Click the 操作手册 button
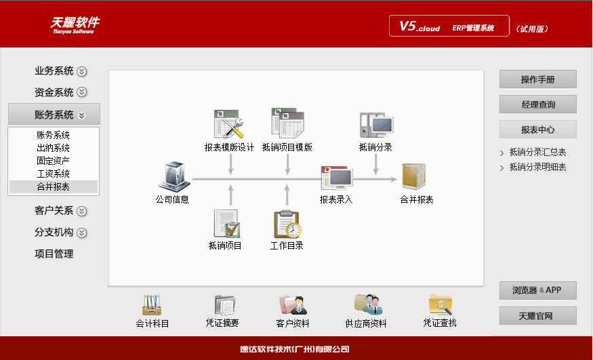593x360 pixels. [537, 79]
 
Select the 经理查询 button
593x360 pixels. [537, 104]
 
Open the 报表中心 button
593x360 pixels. [537, 129]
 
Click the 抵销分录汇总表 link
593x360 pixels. [537, 153]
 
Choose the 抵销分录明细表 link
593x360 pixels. [537, 167]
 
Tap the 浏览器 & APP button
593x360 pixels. [537, 290]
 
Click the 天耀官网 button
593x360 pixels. [537, 316]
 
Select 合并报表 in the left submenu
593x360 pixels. [54, 186]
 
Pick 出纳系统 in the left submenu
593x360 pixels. [54, 148]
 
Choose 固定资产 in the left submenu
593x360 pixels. [54, 161]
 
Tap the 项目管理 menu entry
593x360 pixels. [54, 254]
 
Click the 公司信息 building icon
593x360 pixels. [171, 177]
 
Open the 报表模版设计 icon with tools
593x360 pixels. [229, 124]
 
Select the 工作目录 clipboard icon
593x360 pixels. [287, 224]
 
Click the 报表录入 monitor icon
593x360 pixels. [337, 178]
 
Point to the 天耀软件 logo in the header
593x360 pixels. [75, 24]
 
